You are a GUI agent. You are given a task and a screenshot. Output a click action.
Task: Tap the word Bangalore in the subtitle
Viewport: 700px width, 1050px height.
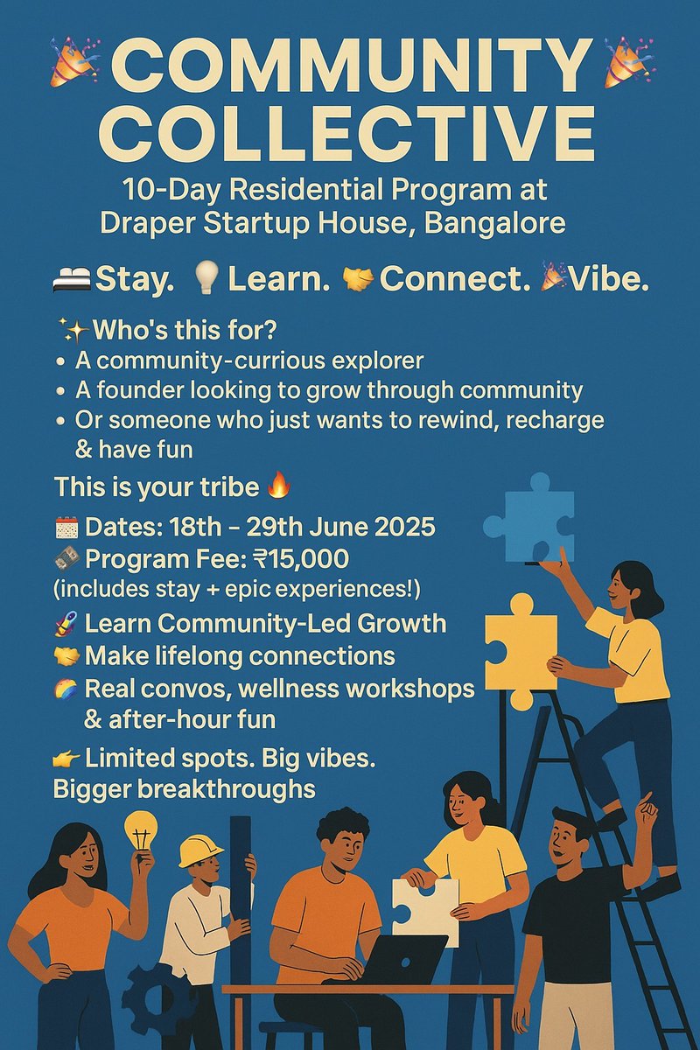pyautogui.click(x=494, y=222)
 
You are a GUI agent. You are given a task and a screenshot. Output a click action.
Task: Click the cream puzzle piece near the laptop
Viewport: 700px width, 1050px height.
pyautogui.click(x=426, y=910)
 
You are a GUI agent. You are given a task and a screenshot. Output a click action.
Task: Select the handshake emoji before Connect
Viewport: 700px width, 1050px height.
pyautogui.click(x=359, y=279)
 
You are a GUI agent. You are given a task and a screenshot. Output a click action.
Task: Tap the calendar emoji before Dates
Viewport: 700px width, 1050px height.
pyautogui.click(x=66, y=528)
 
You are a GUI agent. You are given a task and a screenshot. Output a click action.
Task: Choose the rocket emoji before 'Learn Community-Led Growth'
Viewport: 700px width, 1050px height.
pyautogui.click(x=66, y=624)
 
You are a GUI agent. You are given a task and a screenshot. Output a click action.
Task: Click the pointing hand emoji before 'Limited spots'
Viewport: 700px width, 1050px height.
pyautogui.click(x=66, y=759)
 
